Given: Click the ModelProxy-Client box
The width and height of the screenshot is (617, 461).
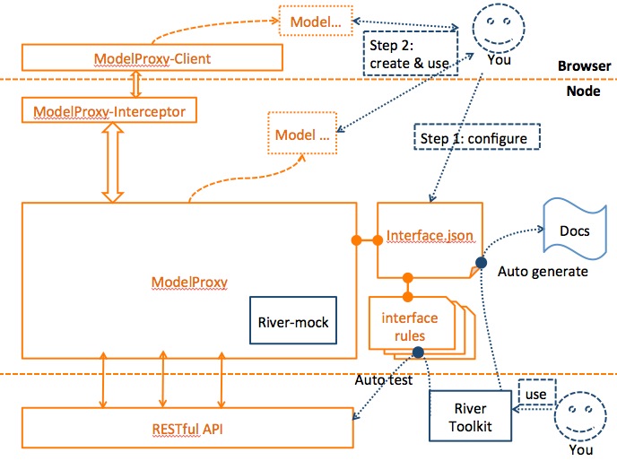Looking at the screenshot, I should pyautogui.click(x=152, y=58).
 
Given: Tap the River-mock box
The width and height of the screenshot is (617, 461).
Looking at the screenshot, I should pyautogui.click(x=293, y=322).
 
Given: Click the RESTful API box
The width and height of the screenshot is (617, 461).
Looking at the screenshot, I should pyautogui.click(x=187, y=431).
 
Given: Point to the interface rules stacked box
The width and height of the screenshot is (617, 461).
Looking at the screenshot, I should pyautogui.click(x=410, y=326).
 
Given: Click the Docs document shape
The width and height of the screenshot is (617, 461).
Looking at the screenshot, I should pyautogui.click(x=574, y=231).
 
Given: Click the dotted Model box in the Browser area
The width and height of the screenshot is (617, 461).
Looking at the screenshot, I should pyautogui.click(x=308, y=20).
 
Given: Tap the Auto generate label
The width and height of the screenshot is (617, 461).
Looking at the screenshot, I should pyautogui.click(x=543, y=270).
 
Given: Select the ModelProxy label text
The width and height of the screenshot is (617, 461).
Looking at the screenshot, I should pyautogui.click(x=189, y=283).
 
